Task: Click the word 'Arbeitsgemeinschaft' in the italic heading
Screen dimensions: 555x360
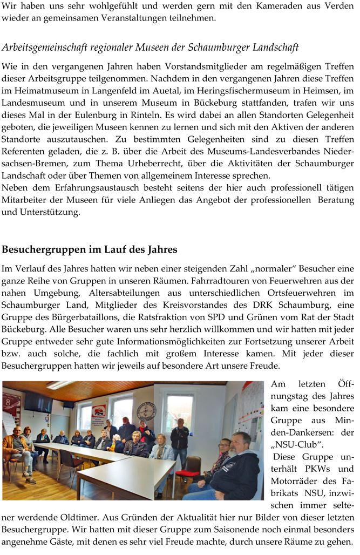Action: coord(44,48)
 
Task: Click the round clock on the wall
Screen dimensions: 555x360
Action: coord(146,411)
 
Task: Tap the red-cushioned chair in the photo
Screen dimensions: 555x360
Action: coord(188,468)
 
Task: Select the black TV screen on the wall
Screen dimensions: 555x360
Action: coord(38,402)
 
